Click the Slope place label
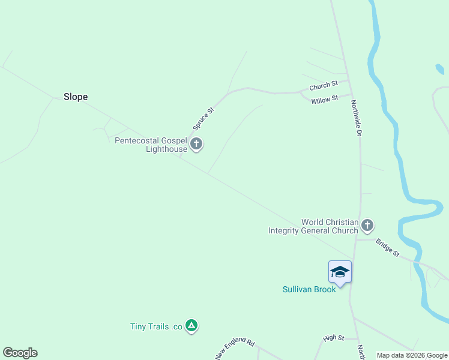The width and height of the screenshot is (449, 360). pyautogui.click(x=76, y=97)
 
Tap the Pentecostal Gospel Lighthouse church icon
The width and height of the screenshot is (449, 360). pyautogui.click(x=196, y=144)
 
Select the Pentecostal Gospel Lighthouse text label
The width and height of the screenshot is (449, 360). pyautogui.click(x=151, y=145)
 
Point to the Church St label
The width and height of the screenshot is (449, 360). pyautogui.click(x=324, y=86)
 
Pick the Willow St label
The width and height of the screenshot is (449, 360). pyautogui.click(x=325, y=100)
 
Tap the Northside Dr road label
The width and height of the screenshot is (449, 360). pyautogui.click(x=356, y=118)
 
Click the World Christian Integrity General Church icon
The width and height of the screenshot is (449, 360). pyautogui.click(x=367, y=226)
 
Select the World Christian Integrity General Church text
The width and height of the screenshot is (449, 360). pyautogui.click(x=313, y=226)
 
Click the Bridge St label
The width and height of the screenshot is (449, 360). pyautogui.click(x=387, y=248)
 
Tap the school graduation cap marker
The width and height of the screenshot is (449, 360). pyautogui.click(x=340, y=272)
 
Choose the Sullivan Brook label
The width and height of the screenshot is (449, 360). pyautogui.click(x=309, y=289)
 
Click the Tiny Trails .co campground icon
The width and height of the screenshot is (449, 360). pyautogui.click(x=191, y=326)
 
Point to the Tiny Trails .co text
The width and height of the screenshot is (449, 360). pyautogui.click(x=156, y=326)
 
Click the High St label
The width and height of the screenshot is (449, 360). pyautogui.click(x=333, y=338)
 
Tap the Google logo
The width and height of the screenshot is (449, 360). pyautogui.click(x=20, y=353)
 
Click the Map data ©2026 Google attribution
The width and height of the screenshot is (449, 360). pyautogui.click(x=412, y=356)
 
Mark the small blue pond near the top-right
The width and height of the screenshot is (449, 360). pyautogui.click(x=440, y=69)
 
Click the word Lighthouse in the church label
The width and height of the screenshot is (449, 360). pyautogui.click(x=166, y=149)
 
